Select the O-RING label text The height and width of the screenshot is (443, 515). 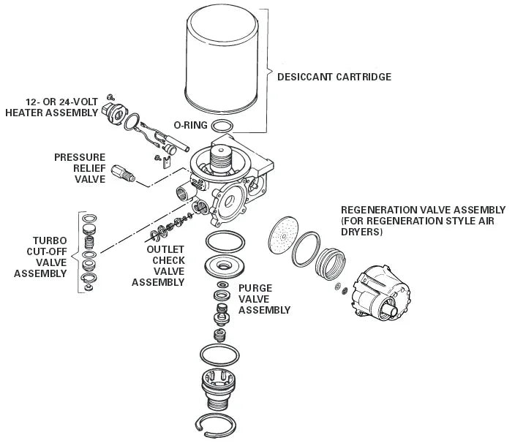(190, 125)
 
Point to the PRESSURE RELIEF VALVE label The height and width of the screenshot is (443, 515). (80, 167)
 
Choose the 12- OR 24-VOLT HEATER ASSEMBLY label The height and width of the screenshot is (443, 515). (51, 107)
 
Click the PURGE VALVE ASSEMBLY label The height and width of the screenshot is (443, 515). (264, 299)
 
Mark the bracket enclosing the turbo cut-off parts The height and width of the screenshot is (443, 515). (79, 252)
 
